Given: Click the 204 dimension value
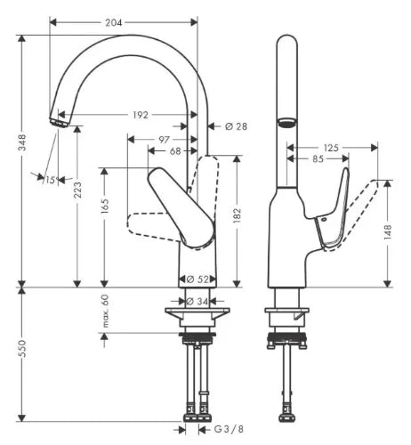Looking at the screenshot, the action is click(114, 22).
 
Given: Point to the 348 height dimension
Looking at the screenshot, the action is click(22, 142).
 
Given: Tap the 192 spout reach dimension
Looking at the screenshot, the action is click(140, 115).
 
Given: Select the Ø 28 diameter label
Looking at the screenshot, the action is click(236, 126).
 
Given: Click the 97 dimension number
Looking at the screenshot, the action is click(164, 140).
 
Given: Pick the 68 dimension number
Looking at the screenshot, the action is click(175, 151).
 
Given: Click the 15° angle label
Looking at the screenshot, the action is click(51, 180).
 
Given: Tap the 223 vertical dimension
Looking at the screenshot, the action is click(77, 190).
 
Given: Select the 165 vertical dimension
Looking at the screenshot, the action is click(105, 206).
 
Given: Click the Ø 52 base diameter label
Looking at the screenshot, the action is click(197, 279).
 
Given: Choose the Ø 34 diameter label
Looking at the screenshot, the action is click(197, 302).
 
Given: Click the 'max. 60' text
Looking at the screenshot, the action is click(105, 311).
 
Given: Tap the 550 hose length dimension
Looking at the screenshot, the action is click(22, 349).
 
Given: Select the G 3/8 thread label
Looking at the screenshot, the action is click(229, 429).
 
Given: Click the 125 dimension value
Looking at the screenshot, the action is click(331, 148).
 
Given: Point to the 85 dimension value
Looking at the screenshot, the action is click(318, 159).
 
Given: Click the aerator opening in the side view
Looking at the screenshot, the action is click(286, 122).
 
